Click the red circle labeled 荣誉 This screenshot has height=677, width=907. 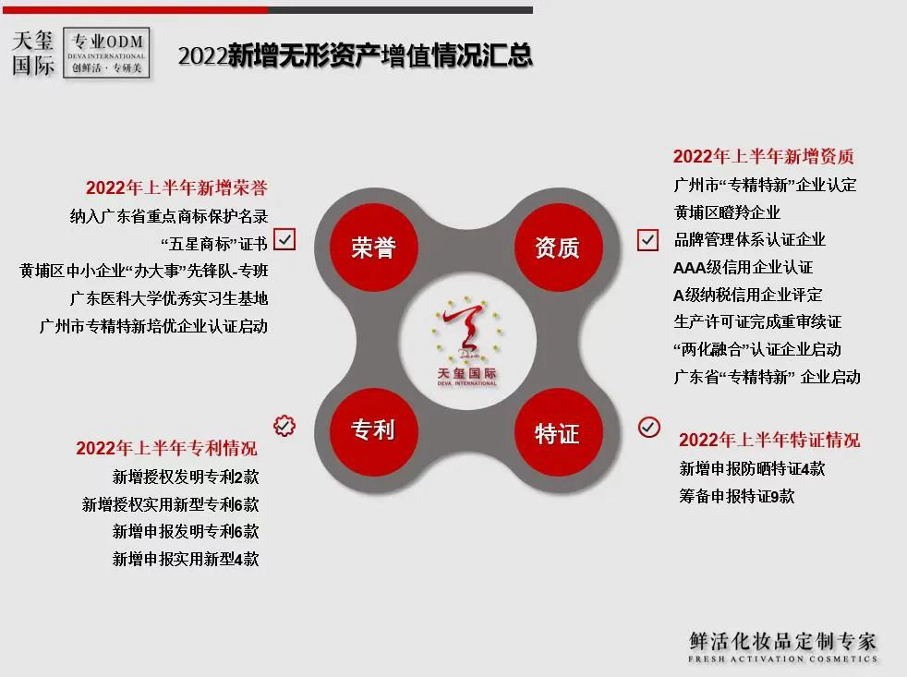pyautogui.click(x=374, y=248)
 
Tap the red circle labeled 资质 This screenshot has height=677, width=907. pyautogui.click(x=558, y=248)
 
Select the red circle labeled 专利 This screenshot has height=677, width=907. pyautogui.click(x=374, y=431)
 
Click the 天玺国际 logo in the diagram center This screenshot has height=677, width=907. pyautogui.click(x=466, y=342)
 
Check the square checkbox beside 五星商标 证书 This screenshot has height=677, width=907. pyautogui.click(x=284, y=239)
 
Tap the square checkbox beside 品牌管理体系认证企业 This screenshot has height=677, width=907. pyautogui.click(x=647, y=239)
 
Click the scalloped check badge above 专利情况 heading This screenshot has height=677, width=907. pyautogui.click(x=284, y=426)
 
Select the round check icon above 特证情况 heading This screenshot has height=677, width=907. pyautogui.click(x=649, y=427)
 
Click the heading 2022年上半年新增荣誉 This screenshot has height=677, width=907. pyautogui.click(x=176, y=188)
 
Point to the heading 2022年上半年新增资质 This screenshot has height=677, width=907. pyautogui.click(x=764, y=156)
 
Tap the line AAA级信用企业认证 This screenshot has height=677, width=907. pyautogui.click(x=744, y=267)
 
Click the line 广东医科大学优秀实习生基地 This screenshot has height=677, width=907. pyautogui.click(x=168, y=298)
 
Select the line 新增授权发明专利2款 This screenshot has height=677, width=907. pyautogui.click(x=186, y=477)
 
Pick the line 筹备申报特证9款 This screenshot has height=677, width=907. pyautogui.click(x=737, y=496)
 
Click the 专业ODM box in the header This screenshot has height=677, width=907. pyautogui.click(x=106, y=53)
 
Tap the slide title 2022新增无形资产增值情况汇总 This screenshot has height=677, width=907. pyautogui.click(x=356, y=55)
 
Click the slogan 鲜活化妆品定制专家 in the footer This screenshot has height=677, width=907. pyautogui.click(x=782, y=641)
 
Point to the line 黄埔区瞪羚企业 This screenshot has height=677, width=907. pyautogui.click(x=727, y=212)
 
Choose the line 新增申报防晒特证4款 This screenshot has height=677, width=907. pyautogui.click(x=752, y=468)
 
